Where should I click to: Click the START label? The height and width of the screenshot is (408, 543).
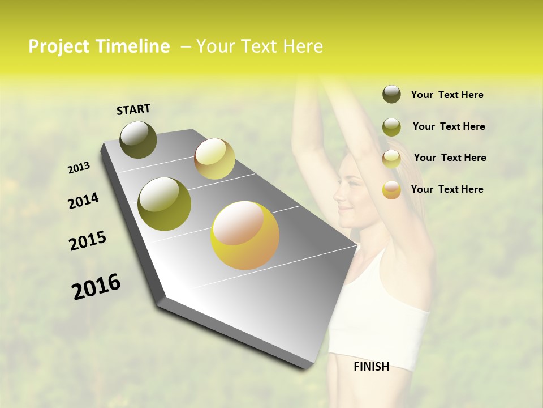(x=133, y=109)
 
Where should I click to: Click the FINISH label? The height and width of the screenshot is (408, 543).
(x=372, y=366)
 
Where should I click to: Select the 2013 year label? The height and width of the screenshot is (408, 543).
(x=79, y=168)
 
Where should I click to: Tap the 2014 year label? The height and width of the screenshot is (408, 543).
(x=83, y=201)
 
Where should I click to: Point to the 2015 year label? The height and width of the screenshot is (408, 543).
(x=88, y=241)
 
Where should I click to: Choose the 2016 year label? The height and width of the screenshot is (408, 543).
(x=97, y=287)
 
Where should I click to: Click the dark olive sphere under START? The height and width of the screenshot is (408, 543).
(x=139, y=139)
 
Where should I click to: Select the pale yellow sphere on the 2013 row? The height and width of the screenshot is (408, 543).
(x=214, y=159)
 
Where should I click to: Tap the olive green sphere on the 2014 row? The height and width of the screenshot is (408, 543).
(x=165, y=204)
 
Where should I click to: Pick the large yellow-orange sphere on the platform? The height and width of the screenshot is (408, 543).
(x=245, y=235)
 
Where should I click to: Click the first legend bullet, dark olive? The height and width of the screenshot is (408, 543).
(x=391, y=95)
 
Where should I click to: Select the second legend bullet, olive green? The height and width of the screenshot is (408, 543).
(x=391, y=127)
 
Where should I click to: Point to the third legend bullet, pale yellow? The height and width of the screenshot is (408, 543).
(x=391, y=159)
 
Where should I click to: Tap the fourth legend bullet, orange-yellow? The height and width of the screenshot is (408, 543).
(x=391, y=190)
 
